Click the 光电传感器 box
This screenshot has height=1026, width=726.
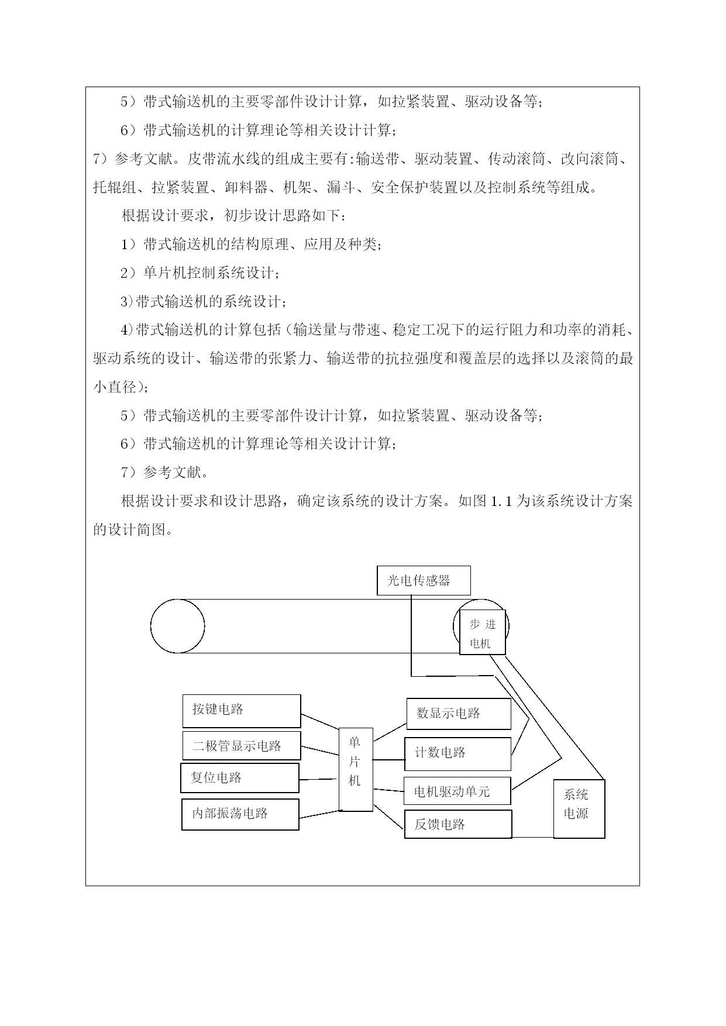[x=424, y=580]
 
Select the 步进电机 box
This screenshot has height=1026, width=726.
[x=483, y=632]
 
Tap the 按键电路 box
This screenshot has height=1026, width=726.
[x=242, y=711]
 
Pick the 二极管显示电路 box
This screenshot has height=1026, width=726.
[x=242, y=746]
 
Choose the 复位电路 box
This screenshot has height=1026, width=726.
[x=240, y=778]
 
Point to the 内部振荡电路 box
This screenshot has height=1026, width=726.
[x=240, y=814]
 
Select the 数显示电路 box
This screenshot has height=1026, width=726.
[x=459, y=714]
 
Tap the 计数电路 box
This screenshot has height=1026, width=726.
[x=457, y=754]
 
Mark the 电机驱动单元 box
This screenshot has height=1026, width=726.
[x=457, y=791]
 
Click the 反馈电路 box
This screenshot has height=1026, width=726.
[x=458, y=824]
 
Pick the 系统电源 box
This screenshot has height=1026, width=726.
[x=579, y=809]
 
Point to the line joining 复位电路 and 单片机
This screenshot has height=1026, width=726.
[x=319, y=779]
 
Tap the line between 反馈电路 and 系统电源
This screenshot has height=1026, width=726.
[x=533, y=837]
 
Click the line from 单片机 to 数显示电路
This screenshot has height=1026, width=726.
[x=390, y=732]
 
